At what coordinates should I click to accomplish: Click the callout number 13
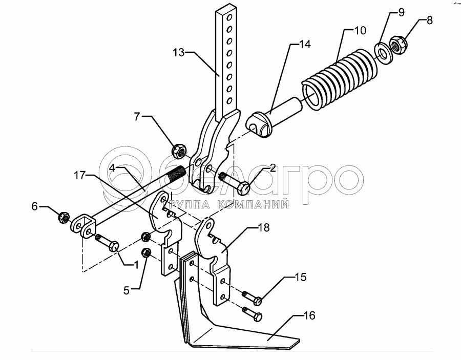point(178,52)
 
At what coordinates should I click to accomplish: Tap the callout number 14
point(305,45)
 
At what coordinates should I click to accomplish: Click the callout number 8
point(429,21)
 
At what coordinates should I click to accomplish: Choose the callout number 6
point(35,206)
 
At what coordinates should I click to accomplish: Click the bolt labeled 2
point(234,182)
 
